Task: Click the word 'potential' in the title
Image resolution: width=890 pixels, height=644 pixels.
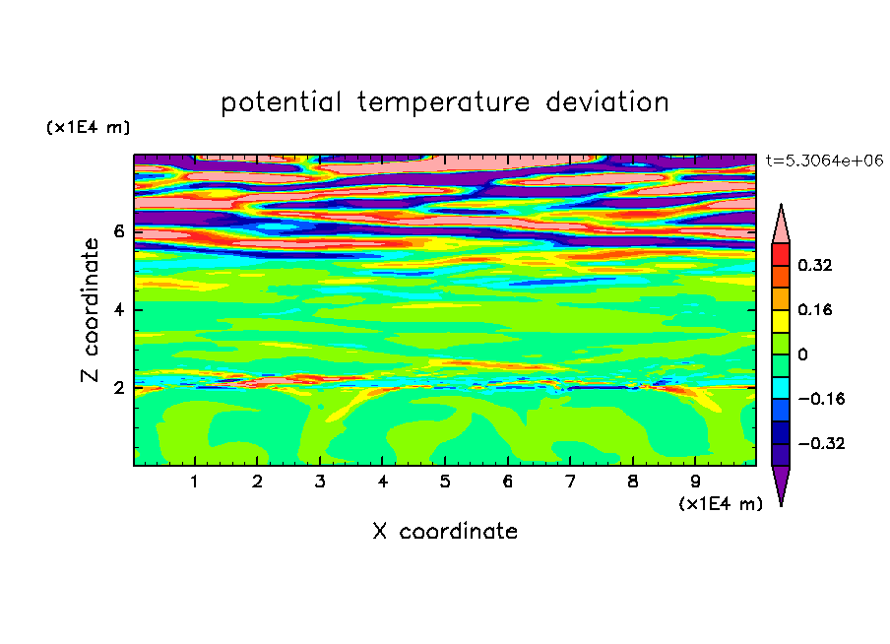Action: click(281, 103)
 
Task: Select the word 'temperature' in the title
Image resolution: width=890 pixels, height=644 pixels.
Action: click(443, 103)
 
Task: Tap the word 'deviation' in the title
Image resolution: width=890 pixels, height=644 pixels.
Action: click(606, 102)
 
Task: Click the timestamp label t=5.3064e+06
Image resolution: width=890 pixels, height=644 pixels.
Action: click(824, 161)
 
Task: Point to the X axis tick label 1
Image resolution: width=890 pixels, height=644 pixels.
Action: click(195, 482)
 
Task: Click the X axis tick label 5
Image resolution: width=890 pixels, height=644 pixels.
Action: click(445, 482)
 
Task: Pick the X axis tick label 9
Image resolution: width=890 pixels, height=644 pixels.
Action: click(695, 482)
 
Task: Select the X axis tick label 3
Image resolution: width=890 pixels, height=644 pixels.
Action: click(320, 482)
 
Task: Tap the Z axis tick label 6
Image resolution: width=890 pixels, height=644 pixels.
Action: click(118, 231)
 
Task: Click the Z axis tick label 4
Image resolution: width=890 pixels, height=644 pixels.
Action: click(118, 309)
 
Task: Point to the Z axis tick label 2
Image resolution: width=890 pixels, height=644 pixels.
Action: click(118, 388)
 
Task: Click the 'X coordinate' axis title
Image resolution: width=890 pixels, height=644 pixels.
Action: click(445, 531)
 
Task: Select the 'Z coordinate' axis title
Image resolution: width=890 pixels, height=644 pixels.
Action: click(90, 309)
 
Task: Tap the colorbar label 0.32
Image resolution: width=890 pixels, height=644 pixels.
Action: click(814, 265)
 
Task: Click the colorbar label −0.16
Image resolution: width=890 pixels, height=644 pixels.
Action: click(821, 399)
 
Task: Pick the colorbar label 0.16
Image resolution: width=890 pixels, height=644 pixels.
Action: click(814, 309)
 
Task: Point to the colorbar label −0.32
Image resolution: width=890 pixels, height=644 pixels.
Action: click(821, 443)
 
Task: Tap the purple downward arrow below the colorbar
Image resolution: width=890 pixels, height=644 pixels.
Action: click(781, 482)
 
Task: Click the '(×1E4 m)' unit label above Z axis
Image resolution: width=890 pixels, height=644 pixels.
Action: click(88, 127)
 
